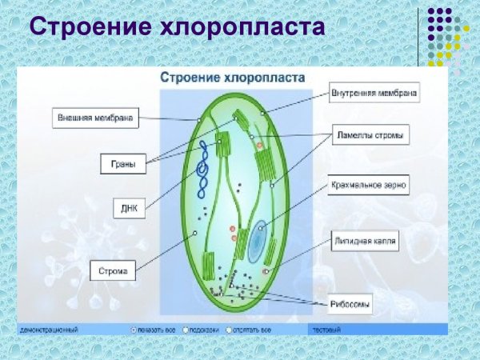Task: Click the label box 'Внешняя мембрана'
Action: click(95, 117)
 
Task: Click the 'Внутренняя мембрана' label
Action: click(374, 93)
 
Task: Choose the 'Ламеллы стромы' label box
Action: click(369, 136)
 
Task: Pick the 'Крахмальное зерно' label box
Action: click(369, 186)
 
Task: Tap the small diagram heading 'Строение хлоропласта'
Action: click(233, 78)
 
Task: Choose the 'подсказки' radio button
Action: click(186, 329)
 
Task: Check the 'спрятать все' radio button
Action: click(230, 329)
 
